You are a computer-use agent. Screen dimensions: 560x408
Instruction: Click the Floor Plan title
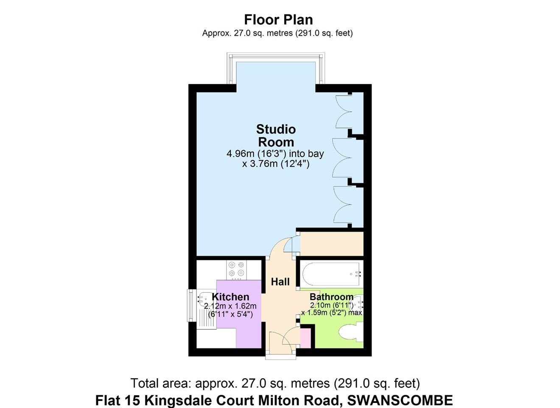tap(278, 20)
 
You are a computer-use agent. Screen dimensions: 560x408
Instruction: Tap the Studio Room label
tap(276, 136)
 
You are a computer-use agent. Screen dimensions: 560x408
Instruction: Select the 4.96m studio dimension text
tap(275, 159)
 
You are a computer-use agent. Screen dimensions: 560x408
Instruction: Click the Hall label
tap(280, 282)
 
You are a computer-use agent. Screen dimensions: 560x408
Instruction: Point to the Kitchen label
tap(230, 297)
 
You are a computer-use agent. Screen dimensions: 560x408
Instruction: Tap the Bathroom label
tap(331, 297)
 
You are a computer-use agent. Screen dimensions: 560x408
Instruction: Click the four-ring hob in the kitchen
tap(236, 270)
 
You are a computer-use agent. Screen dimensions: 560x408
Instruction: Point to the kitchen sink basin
tap(207, 299)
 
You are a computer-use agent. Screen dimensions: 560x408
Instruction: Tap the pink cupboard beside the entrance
tap(305, 338)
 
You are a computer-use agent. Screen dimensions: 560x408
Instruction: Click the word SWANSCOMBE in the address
tap(400, 400)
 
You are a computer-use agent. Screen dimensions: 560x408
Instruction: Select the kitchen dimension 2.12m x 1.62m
tap(230, 306)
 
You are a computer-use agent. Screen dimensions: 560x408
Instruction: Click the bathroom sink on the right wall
tap(359, 303)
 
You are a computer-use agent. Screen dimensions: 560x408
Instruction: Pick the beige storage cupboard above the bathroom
tap(331, 244)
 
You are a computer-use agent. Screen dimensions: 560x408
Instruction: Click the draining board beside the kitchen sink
tap(207, 319)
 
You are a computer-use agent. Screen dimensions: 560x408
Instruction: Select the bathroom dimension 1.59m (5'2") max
tap(331, 313)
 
